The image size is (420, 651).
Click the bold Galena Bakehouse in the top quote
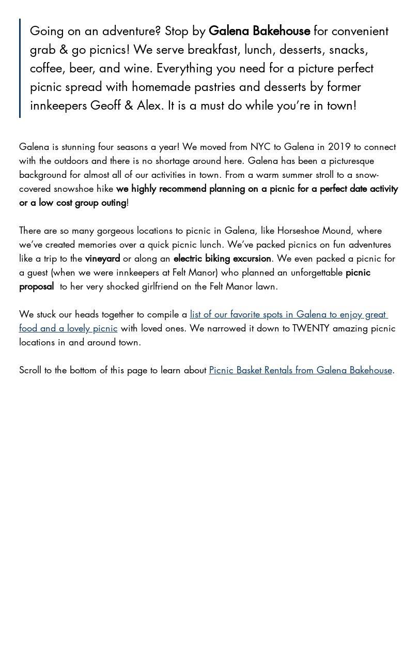[x=259, y=32]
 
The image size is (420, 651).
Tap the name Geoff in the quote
[x=106, y=105]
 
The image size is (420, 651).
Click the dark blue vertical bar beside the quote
[x=20, y=68]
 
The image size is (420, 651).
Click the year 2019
[x=339, y=147]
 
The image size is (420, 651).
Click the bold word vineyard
[x=102, y=259]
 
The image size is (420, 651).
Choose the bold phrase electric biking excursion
[x=222, y=259]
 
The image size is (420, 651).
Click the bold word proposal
[x=36, y=286]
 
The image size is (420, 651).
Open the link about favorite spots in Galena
[x=288, y=314]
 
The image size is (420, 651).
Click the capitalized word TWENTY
[x=310, y=328]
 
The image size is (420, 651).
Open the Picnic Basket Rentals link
[x=300, y=370]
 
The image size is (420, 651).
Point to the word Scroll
[x=30, y=370]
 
